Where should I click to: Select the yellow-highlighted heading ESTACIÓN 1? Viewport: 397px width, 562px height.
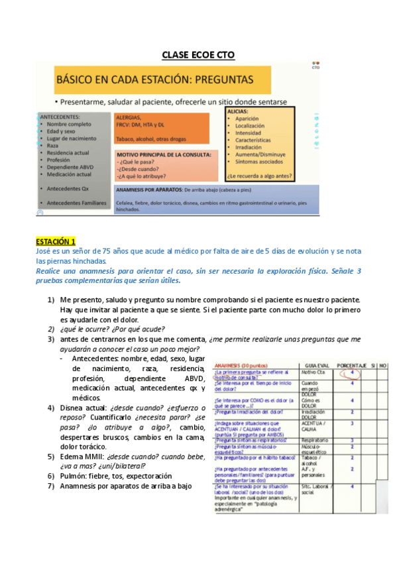(56, 241)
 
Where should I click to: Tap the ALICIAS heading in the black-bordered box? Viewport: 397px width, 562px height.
(238, 113)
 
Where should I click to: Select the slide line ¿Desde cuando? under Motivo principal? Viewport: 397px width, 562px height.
(139, 168)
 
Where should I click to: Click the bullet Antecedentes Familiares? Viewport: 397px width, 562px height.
(76, 201)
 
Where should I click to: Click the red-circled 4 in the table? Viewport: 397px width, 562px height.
(351, 372)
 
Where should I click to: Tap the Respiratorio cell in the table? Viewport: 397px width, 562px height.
(314, 439)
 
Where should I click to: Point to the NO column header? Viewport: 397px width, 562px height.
(382, 365)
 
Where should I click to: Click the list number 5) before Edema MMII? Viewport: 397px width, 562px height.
(51, 456)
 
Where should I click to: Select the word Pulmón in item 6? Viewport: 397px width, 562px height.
(74, 476)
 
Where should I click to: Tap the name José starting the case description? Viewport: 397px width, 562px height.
(44, 251)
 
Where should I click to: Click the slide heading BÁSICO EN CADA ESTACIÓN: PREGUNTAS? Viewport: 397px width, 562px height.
(154, 79)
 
